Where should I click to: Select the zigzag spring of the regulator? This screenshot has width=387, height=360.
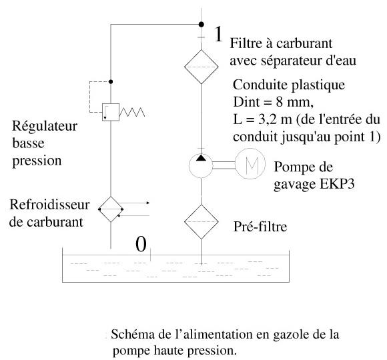132,112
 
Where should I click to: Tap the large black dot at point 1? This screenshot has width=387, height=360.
202,25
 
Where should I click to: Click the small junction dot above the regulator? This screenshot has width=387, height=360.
111,81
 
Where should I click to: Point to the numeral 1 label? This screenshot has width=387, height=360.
218,34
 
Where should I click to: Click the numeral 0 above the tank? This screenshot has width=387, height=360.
141,244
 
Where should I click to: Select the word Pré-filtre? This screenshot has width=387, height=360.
260,227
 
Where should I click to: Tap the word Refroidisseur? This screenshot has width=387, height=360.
49,205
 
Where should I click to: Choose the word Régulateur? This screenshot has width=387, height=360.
45,126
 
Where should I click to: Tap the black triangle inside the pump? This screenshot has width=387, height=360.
201,157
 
